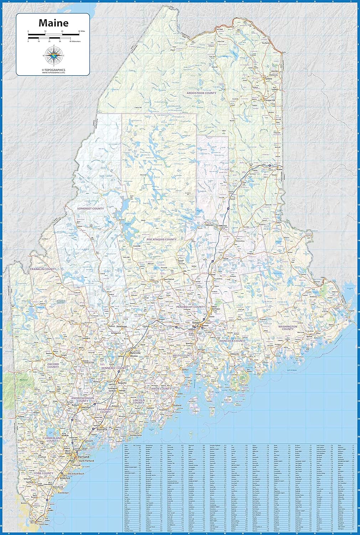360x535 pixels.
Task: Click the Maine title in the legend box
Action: pyautogui.click(x=53, y=23)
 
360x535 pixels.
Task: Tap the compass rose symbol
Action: pyautogui.click(x=53, y=56)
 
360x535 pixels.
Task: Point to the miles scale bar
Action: pyautogui.click(x=53, y=34)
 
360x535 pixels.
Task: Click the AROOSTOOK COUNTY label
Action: pyautogui.click(x=201, y=93)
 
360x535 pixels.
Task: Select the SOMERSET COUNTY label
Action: pyautogui.click(x=91, y=208)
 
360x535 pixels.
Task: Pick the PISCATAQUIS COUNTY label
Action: pyautogui.click(x=161, y=239)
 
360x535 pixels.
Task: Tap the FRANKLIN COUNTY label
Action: pyautogui.click(x=43, y=269)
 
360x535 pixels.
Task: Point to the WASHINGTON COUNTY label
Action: pyautogui.click(x=288, y=327)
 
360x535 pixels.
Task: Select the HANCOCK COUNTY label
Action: pyautogui.click(x=232, y=341)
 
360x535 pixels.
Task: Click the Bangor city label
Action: pyautogui.click(x=196, y=323)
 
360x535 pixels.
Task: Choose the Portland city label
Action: pyautogui.click(x=83, y=457)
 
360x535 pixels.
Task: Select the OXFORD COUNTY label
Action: pyautogui.click(x=53, y=366)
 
